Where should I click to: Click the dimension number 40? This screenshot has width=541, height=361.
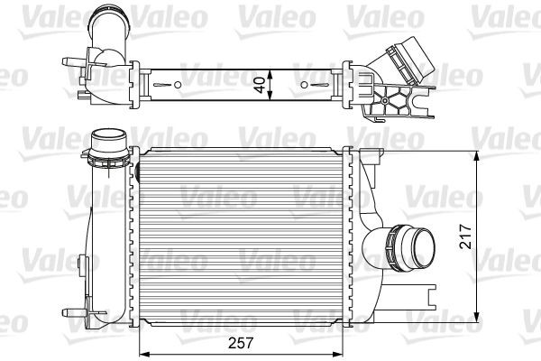pyautogui.click(x=261, y=86)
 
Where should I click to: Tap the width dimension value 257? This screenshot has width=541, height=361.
pyautogui.click(x=241, y=343)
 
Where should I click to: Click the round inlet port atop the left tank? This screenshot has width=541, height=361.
pyautogui.click(x=108, y=142)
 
